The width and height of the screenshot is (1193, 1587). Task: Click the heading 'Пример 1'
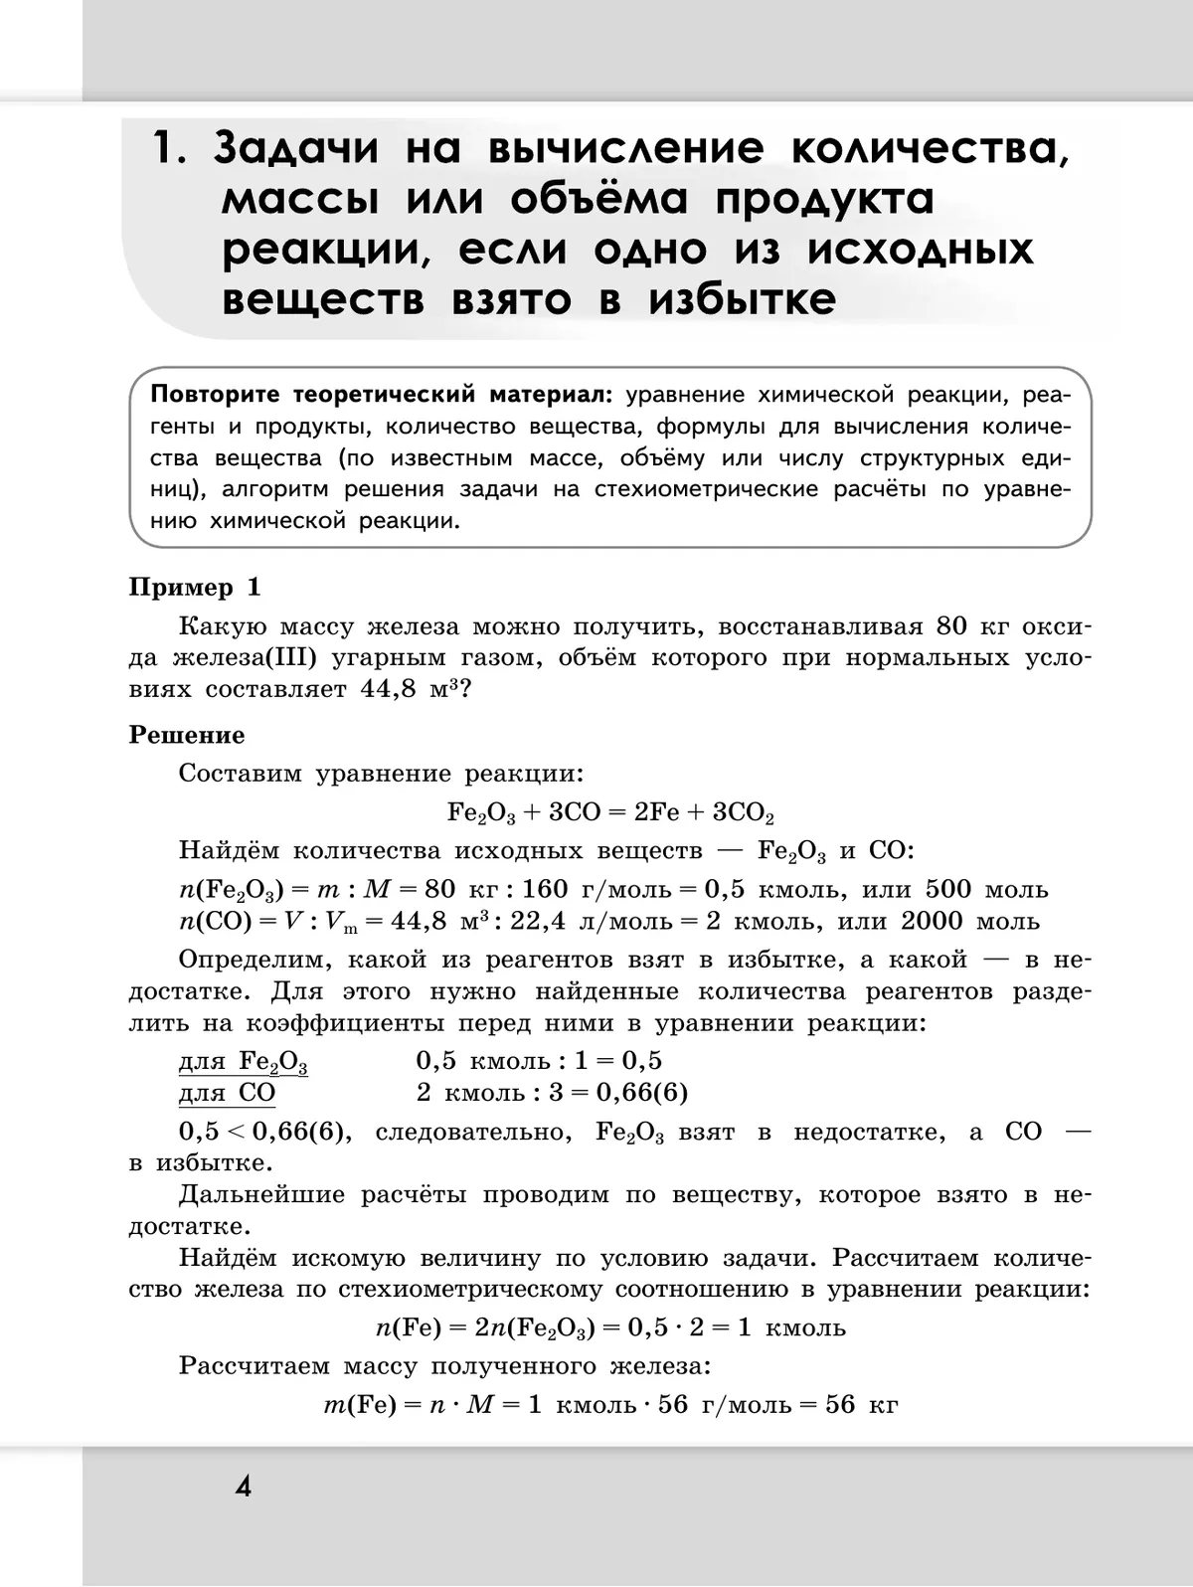coord(195,588)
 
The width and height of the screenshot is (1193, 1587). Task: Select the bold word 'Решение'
coord(187,735)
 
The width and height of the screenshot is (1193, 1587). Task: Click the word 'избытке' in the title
coord(743,299)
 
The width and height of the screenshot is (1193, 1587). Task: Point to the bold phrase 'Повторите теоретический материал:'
coord(384,395)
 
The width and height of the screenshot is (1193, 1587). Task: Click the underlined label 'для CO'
coord(227,1093)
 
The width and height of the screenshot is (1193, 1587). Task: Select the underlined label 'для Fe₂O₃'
coord(243,1062)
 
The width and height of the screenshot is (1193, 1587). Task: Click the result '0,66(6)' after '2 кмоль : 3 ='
coord(642,1093)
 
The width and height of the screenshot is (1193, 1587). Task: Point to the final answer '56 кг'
coord(861,1405)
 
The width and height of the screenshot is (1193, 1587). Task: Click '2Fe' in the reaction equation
coord(657,812)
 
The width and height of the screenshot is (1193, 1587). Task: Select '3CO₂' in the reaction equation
coord(744,813)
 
